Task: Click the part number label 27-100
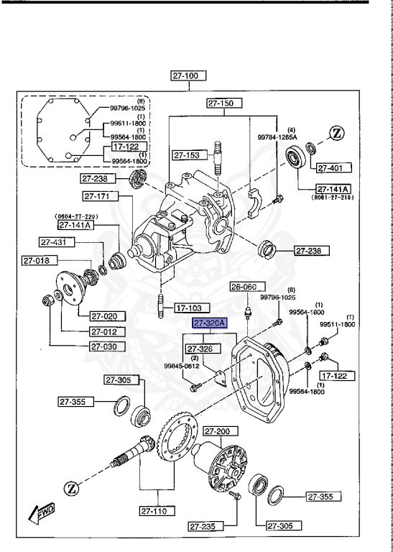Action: pos(188,75)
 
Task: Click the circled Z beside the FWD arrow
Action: pos(72,489)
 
